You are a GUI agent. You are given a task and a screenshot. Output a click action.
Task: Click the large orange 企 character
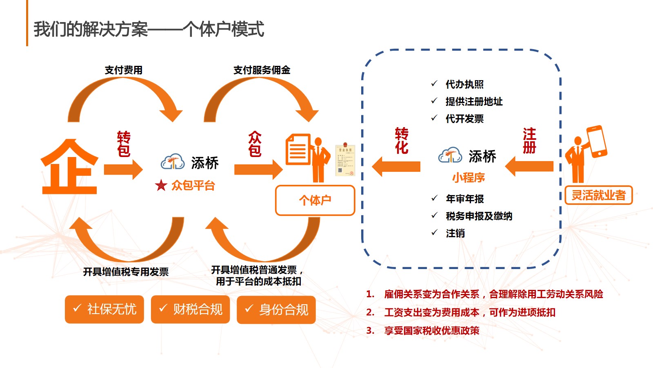click(x=69, y=168)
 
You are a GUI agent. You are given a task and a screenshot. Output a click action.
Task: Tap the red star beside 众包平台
click(x=161, y=186)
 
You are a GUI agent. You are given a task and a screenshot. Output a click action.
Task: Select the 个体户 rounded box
click(x=315, y=200)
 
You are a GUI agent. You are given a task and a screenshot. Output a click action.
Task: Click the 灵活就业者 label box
click(x=598, y=195)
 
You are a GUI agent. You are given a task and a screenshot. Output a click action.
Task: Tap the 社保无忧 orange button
click(x=104, y=309)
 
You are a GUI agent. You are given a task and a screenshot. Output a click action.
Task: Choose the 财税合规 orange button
click(x=190, y=309)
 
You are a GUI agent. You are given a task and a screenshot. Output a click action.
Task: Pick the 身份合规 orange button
click(x=276, y=310)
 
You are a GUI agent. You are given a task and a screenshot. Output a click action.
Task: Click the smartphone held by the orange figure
click(x=597, y=141)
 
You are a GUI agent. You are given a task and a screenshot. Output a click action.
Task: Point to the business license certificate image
click(x=345, y=160)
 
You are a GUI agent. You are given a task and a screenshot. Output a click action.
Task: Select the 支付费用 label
click(x=124, y=70)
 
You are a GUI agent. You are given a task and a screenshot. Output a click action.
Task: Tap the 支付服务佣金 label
click(x=262, y=70)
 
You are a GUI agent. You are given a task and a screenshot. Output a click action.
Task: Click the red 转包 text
click(x=124, y=144)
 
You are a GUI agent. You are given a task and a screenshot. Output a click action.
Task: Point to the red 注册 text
click(x=529, y=141)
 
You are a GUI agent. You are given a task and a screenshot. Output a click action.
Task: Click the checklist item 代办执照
click(x=464, y=85)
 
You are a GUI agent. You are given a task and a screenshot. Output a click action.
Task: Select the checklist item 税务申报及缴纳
click(x=479, y=216)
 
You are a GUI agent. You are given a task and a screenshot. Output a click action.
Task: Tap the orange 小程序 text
click(x=469, y=177)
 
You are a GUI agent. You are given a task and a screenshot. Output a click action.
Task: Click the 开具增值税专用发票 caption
click(x=126, y=272)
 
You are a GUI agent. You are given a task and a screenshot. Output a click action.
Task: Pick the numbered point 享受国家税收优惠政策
click(x=432, y=331)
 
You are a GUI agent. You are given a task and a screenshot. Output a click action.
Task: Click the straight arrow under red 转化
click(x=396, y=166)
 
